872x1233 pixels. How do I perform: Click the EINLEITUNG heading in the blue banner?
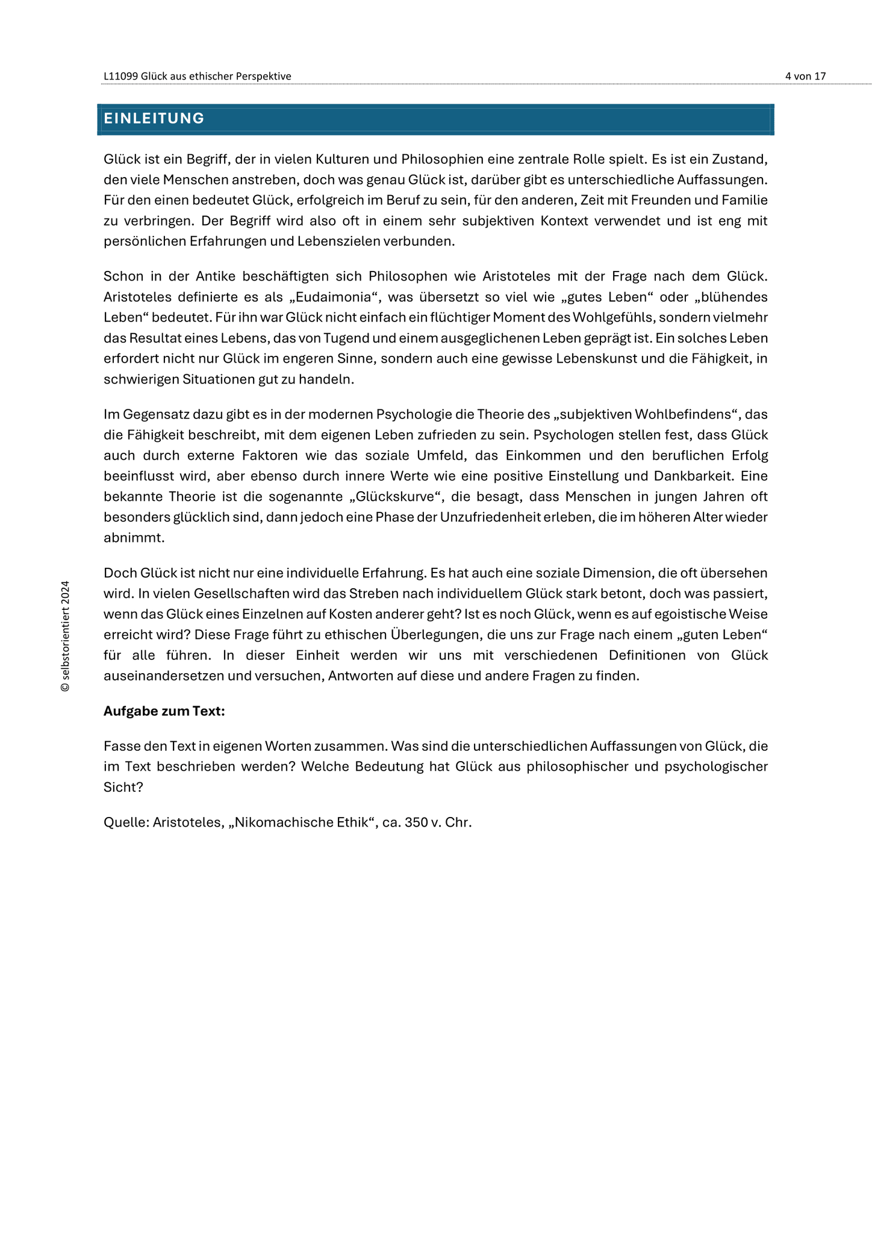(x=154, y=119)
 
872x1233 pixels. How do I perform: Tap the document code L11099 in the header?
(x=120, y=76)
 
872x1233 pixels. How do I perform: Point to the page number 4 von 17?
(x=805, y=76)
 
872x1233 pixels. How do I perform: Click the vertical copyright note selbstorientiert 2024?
(x=65, y=636)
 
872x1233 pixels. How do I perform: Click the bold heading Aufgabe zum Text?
(x=164, y=711)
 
